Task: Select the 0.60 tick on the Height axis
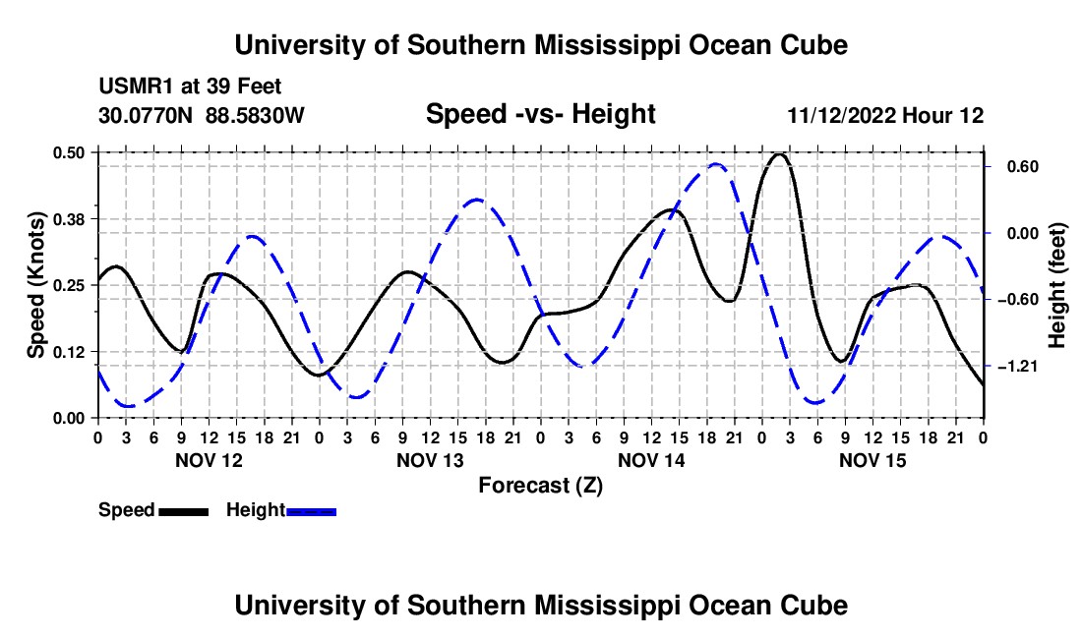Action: tap(1023, 167)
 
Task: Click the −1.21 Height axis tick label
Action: tap(1018, 366)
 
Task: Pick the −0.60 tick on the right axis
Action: tap(1018, 300)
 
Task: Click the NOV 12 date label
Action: tap(210, 460)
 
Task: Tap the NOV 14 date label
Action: tap(651, 460)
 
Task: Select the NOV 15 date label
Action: tap(872, 460)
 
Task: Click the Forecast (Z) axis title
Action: tap(541, 486)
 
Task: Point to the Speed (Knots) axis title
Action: tap(35, 285)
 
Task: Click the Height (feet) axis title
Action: tap(1056, 285)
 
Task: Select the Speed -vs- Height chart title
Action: tap(540, 114)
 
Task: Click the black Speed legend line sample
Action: tap(184, 512)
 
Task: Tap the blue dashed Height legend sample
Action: tap(311, 512)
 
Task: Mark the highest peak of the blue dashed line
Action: tap(715, 164)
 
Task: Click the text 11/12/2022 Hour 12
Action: tap(885, 115)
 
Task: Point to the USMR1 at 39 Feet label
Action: tap(191, 87)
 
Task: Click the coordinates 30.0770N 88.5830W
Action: tap(202, 115)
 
